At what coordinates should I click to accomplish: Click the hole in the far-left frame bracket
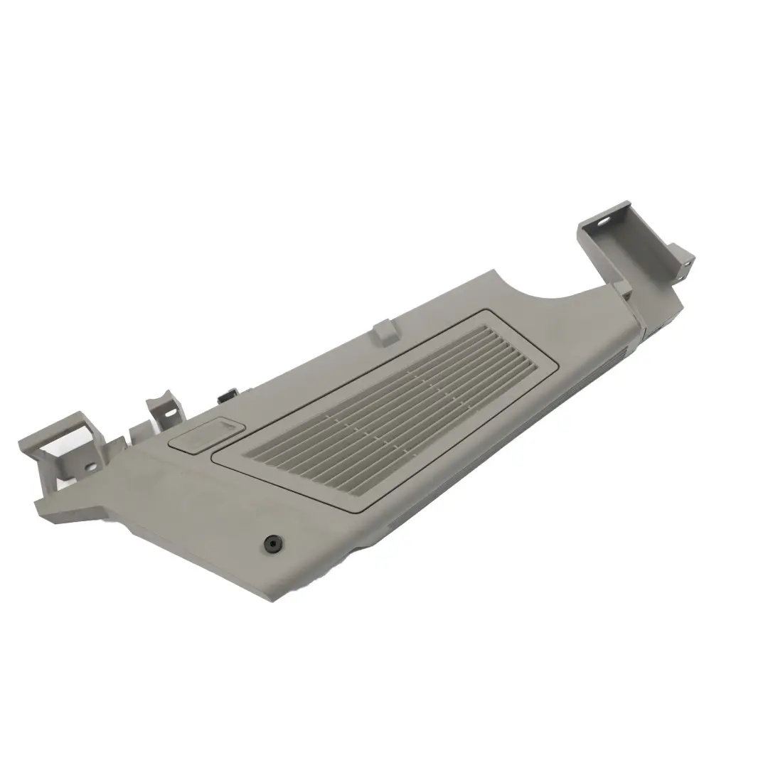click(90, 467)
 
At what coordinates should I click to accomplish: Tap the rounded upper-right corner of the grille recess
click(489, 314)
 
